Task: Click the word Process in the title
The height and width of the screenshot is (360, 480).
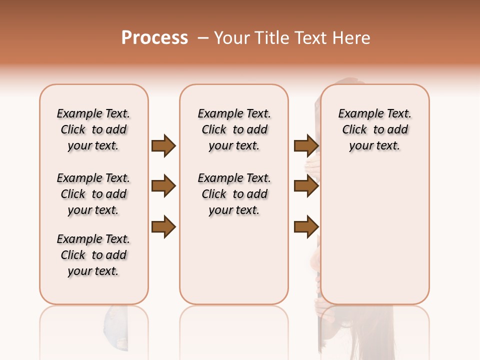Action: pos(154,37)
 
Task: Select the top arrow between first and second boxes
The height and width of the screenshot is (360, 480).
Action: pos(163,145)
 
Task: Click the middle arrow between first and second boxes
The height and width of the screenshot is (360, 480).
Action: pos(163,186)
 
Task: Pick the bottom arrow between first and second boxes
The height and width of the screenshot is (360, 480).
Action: pos(163,227)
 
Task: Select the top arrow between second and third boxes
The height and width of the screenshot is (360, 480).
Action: pos(306,145)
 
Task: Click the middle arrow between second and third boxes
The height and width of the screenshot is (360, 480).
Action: pos(306,186)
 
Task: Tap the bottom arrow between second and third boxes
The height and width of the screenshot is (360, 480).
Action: pos(306,227)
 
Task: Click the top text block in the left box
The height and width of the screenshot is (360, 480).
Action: pos(93,129)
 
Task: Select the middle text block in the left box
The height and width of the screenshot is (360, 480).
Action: pos(93,194)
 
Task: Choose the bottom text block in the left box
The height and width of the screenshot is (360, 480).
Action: pos(93,255)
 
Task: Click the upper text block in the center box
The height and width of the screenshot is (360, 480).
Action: pos(234,129)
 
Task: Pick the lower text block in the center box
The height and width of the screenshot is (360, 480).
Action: pos(234,194)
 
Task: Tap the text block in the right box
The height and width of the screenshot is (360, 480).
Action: pos(374,129)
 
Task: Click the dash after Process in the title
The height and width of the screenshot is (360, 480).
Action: pos(203,37)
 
